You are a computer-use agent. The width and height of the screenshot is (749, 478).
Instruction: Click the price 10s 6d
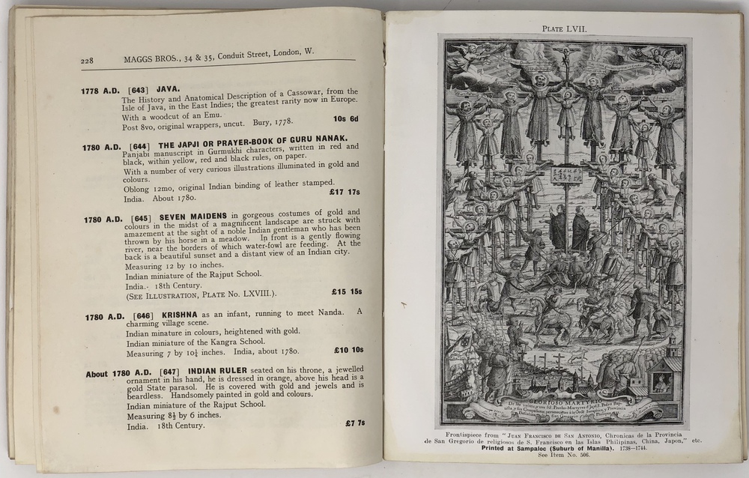[x=345, y=119]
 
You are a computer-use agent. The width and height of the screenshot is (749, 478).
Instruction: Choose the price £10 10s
[x=348, y=349]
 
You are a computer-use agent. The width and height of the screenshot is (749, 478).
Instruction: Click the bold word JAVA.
[x=168, y=89]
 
